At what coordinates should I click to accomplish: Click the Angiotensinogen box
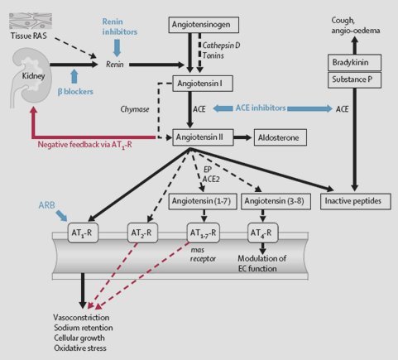[204, 25]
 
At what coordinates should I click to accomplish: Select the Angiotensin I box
[203, 84]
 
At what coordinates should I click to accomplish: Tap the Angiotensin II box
[203, 137]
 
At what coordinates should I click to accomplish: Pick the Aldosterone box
[281, 137]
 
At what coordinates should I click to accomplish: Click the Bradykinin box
[354, 63]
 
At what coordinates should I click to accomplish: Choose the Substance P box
[354, 80]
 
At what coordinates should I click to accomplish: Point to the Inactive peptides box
[356, 201]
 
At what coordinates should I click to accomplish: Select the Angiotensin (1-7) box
[203, 201]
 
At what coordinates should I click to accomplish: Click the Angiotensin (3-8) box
[276, 201]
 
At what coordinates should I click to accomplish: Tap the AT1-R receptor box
[83, 233]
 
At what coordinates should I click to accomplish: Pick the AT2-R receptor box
[142, 233]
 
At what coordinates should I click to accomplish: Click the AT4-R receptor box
[263, 233]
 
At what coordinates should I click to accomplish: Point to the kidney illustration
[29, 77]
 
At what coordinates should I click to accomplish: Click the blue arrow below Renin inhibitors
[117, 48]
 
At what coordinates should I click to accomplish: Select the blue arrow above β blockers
[74, 76]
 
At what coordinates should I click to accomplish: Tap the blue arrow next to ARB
[61, 215]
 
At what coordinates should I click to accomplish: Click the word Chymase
[135, 109]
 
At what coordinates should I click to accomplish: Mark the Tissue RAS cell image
[31, 22]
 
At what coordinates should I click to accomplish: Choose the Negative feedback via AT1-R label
[84, 145]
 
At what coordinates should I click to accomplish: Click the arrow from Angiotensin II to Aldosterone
[242, 137]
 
